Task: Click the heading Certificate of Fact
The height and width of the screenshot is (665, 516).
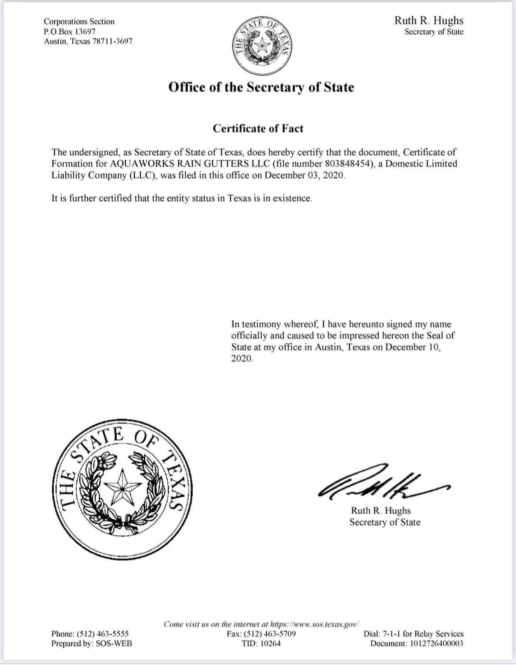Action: click(258, 128)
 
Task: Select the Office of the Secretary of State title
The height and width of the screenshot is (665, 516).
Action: click(261, 87)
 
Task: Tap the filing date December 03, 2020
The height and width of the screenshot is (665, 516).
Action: click(305, 175)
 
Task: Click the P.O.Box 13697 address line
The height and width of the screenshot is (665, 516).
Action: click(70, 31)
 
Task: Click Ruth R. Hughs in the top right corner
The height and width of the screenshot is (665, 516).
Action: click(428, 21)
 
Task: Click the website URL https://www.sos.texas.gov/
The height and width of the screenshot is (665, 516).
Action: click(314, 624)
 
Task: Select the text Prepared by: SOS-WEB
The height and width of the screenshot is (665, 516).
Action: click(92, 643)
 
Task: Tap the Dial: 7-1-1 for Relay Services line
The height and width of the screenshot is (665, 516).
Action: click(413, 634)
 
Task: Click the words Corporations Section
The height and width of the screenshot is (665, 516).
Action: click(79, 21)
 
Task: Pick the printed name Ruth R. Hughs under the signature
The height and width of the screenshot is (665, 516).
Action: click(381, 511)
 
